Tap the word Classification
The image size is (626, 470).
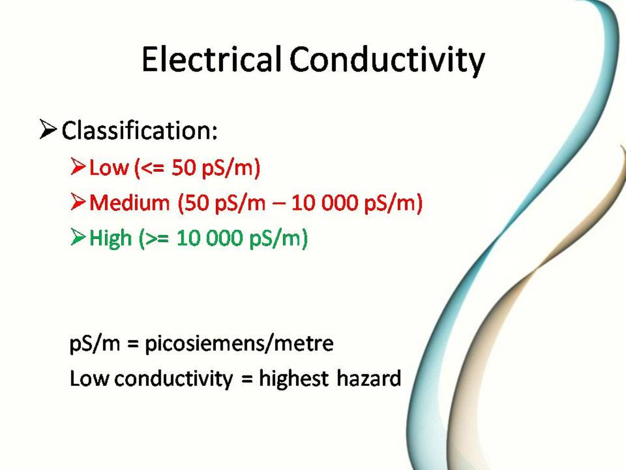tap(139, 131)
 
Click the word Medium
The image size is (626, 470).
tap(129, 203)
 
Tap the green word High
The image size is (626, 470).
tap(111, 239)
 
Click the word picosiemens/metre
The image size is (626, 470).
tap(238, 344)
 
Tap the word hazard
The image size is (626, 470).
tap(368, 378)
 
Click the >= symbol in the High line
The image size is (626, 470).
tap(158, 239)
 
